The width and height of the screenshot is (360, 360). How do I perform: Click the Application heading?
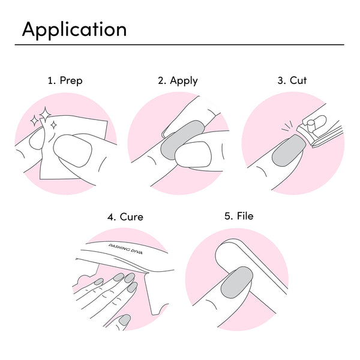point(74,29)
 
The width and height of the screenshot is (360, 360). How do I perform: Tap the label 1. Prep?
point(65,80)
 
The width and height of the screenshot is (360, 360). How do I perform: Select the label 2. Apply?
point(178,80)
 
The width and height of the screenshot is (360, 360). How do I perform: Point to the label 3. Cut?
point(292,80)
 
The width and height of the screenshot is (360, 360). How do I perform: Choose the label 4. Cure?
point(125,217)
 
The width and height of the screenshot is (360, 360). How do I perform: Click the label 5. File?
point(239,216)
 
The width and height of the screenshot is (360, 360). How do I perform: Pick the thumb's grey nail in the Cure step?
point(124,321)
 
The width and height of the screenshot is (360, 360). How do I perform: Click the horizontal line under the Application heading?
point(180,44)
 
